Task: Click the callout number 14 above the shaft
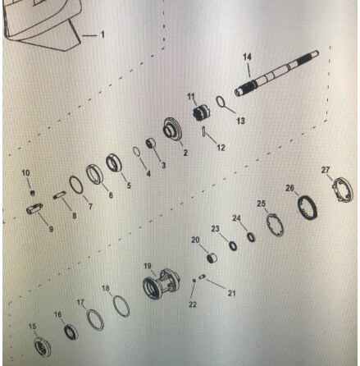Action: (247, 57)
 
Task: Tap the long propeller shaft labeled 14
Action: (276, 73)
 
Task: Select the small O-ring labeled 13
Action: (221, 102)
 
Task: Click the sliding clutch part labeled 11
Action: (201, 113)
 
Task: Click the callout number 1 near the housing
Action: (103, 34)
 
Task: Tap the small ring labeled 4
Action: (137, 152)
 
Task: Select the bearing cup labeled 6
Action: (94, 174)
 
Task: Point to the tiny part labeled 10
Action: (33, 193)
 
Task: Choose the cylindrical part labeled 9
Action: (34, 208)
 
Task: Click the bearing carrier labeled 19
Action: (161, 284)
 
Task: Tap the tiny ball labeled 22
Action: (194, 281)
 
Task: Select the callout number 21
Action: (231, 293)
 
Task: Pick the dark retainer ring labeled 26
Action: (308, 208)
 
